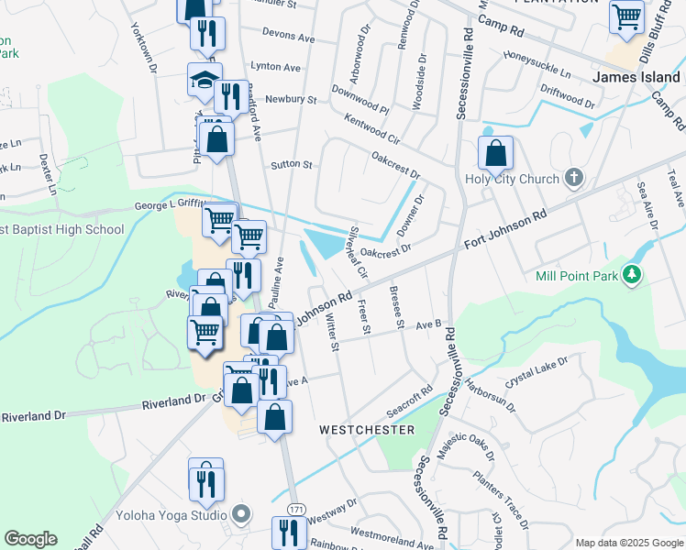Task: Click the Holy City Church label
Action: tap(512, 179)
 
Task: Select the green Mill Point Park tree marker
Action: tap(631, 273)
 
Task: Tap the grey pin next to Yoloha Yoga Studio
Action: tap(241, 513)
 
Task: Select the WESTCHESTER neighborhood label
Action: tap(366, 429)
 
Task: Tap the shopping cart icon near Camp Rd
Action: tap(626, 16)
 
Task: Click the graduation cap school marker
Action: tap(205, 81)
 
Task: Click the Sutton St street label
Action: tap(292, 166)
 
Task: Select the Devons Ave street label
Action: tap(288, 39)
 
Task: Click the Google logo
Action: tap(30, 539)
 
